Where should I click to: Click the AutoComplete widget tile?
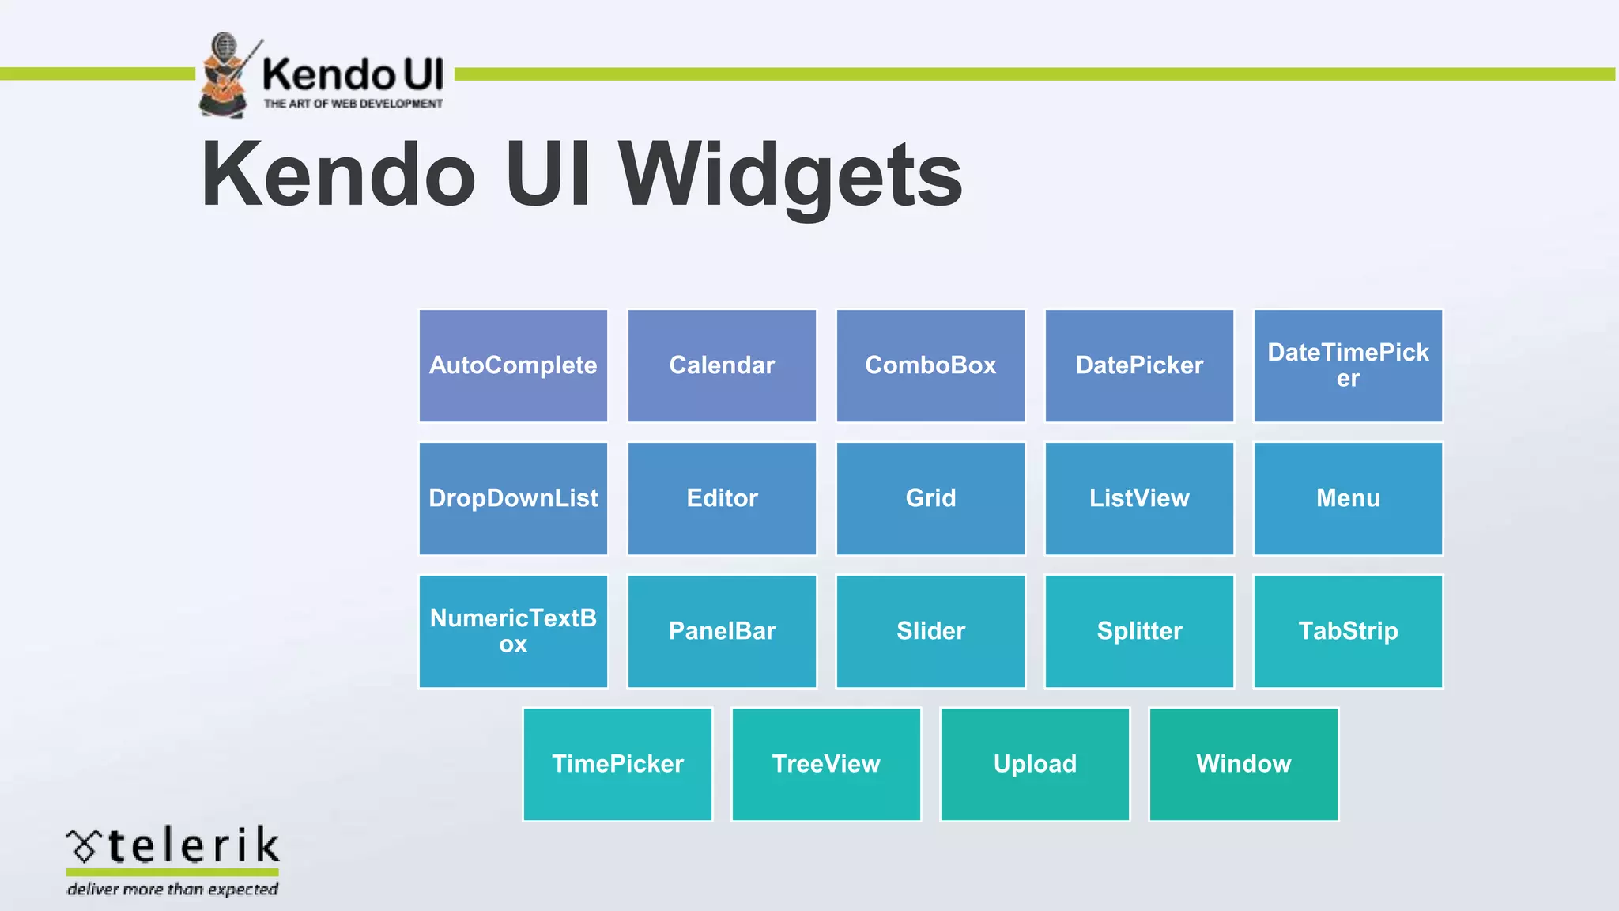(513, 365)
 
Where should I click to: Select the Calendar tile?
(722, 365)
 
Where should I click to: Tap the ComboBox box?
(930, 365)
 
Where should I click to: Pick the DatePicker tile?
(1139, 365)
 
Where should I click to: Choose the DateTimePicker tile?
(1348, 365)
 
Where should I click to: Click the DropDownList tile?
(513, 498)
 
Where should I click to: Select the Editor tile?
(722, 498)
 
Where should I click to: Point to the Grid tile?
(930, 498)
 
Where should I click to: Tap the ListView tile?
(1139, 498)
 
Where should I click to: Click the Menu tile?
(1348, 498)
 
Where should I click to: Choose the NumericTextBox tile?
(513, 631)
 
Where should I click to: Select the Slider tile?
(930, 631)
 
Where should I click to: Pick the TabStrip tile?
(1348, 631)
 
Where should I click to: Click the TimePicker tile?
(617, 764)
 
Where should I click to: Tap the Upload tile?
(1035, 764)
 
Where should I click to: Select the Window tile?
(1243, 764)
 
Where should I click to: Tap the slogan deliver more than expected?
(172, 890)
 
